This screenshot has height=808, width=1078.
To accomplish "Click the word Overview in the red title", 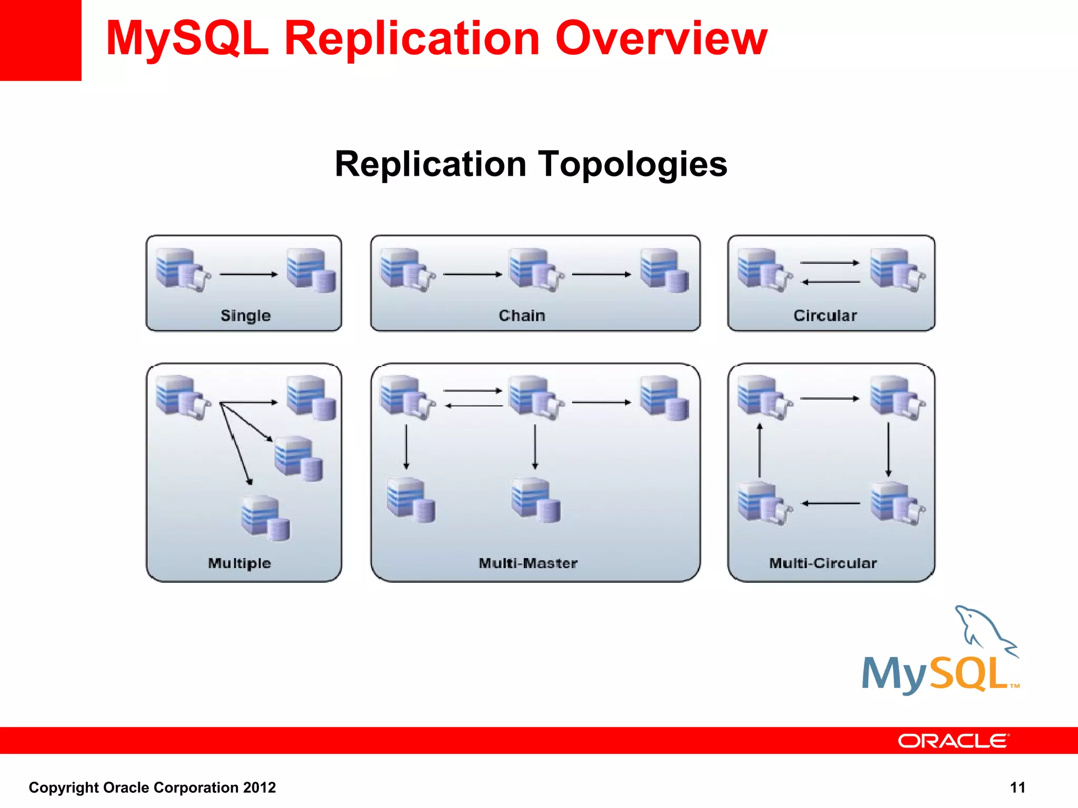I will (x=661, y=39).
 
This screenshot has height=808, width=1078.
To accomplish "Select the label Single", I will (x=245, y=316).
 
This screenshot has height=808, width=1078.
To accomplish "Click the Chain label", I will (x=522, y=316).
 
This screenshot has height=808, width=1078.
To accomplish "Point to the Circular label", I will (x=825, y=316).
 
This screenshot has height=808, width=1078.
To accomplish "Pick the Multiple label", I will (x=239, y=563).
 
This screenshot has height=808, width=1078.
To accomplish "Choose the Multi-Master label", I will (x=528, y=563).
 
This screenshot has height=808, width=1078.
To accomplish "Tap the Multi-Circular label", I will (x=823, y=563).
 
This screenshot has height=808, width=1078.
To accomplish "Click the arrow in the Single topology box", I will (x=248, y=274).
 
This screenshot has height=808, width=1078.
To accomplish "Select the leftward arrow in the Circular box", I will (x=831, y=282).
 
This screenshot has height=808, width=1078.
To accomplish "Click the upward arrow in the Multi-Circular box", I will (x=760, y=450).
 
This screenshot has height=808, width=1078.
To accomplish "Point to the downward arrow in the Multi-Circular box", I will (x=889, y=449).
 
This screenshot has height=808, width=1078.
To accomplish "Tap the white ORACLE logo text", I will (x=953, y=741).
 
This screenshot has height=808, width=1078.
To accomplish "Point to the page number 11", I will (x=1017, y=787).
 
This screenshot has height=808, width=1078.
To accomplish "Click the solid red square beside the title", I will (x=41, y=40).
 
